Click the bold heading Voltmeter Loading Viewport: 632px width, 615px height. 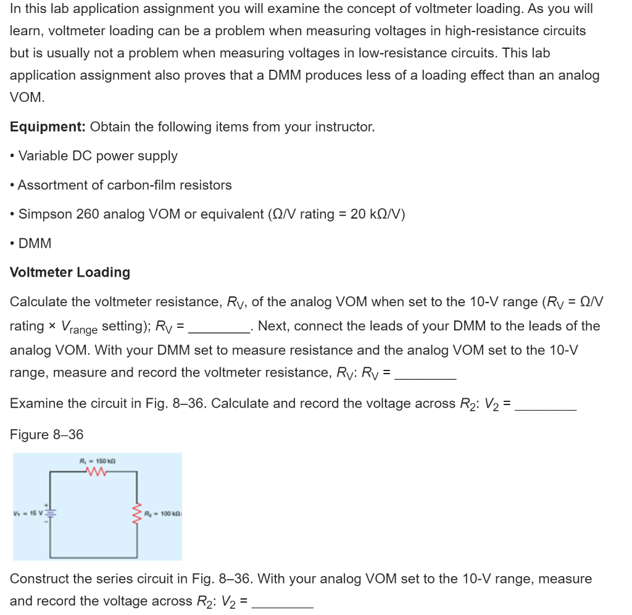click(70, 272)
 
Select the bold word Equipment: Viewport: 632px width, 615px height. click(48, 127)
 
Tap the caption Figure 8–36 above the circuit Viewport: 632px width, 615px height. click(46, 435)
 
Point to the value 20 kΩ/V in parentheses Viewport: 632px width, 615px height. click(375, 214)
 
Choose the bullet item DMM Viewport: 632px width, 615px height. click(35, 243)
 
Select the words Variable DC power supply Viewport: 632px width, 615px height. click(98, 156)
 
